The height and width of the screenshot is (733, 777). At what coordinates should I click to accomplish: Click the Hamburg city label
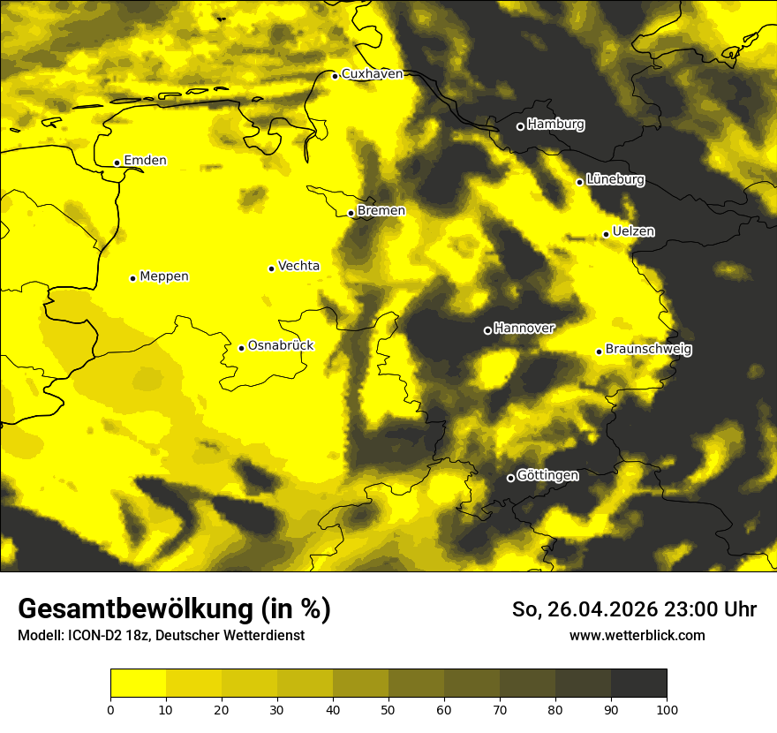pos(555,125)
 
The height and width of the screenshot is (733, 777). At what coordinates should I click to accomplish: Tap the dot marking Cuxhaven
pos(336,76)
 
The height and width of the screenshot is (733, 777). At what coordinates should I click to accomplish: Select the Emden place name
pos(145,161)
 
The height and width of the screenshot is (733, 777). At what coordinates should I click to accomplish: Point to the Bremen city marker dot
pos(351,213)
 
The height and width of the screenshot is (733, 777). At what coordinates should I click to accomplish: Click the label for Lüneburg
pos(615,180)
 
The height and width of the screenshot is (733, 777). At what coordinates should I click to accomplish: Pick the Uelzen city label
pos(633,231)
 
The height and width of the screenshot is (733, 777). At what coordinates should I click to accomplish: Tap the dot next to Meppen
pos(132,278)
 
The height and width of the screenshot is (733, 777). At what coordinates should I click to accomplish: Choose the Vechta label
pos(298,266)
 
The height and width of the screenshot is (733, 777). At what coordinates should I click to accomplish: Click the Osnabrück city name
pos(281,346)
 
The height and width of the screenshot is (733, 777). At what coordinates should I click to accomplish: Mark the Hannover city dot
pos(487,330)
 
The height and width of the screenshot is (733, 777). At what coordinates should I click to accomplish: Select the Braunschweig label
pos(648,350)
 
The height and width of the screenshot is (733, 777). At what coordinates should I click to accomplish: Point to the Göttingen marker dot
pos(510,478)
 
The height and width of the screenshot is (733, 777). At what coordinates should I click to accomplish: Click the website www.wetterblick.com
pos(637,635)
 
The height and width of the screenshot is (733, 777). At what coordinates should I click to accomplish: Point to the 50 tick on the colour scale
pos(388,708)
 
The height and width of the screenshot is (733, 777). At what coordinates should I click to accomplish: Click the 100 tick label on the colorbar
pos(667,708)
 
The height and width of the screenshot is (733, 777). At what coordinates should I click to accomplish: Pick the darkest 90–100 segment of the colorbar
pos(638,683)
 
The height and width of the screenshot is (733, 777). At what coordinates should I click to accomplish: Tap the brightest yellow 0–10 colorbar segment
pos(138,683)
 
